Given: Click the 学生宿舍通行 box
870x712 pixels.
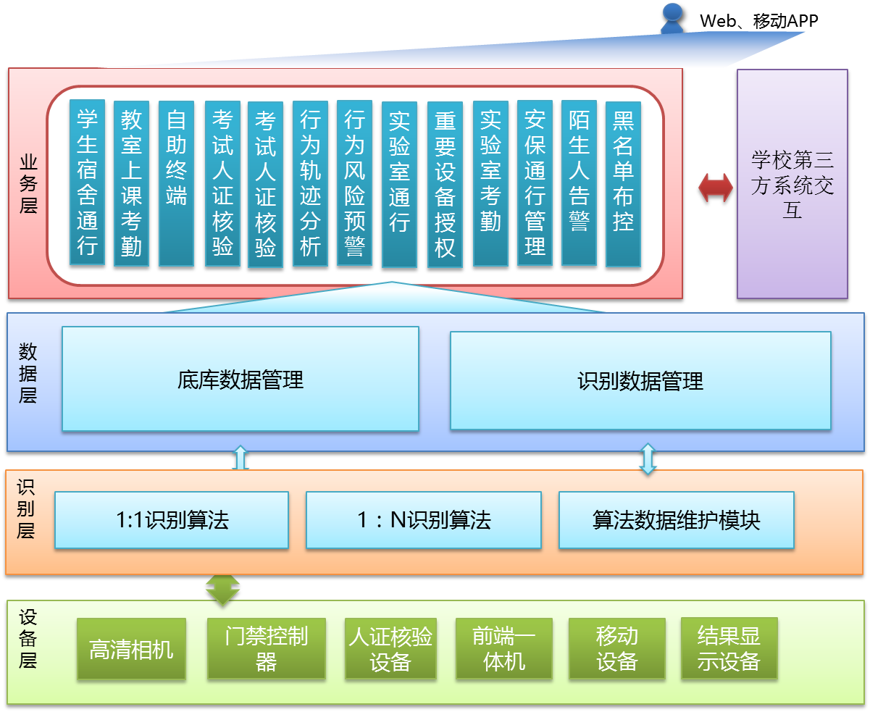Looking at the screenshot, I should [x=88, y=183].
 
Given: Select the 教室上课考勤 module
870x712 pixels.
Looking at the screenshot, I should [x=131, y=183].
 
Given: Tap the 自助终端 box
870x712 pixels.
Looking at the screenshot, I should [x=176, y=183].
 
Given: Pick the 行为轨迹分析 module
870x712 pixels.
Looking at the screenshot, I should [x=310, y=183].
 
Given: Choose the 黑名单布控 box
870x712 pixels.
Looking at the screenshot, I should [x=623, y=183].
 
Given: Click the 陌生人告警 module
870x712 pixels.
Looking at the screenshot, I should [x=579, y=183].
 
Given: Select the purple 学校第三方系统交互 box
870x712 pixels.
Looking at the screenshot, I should [x=792, y=184].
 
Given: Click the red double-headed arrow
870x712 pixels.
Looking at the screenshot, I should [x=715, y=188].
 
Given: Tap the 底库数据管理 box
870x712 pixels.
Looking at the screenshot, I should [x=240, y=379].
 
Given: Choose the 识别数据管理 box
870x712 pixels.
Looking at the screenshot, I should [x=640, y=380].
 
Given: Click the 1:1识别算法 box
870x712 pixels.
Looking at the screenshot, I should [x=172, y=519].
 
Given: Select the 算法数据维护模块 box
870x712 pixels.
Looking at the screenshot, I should [x=676, y=519].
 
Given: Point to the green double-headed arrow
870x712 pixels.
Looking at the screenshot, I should [x=222, y=588].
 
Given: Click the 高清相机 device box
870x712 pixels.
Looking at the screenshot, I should [x=131, y=649].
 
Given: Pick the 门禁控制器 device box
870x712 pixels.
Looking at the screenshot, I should [x=266, y=648].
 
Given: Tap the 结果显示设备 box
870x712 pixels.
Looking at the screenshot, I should [x=729, y=648].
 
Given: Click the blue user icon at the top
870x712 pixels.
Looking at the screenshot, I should [x=672, y=17].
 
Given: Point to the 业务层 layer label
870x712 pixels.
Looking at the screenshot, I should [x=28, y=183].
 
